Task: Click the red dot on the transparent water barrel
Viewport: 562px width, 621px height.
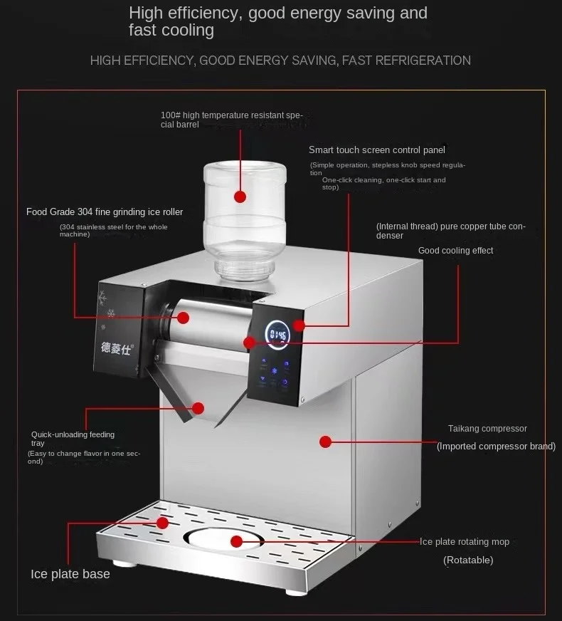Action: coord(240,197)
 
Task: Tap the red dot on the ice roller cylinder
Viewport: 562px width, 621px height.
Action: coord(184,318)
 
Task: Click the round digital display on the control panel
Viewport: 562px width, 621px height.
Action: coord(277,334)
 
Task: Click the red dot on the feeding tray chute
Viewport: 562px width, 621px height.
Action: coord(198,408)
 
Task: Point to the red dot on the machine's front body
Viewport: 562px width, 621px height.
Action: coord(326,442)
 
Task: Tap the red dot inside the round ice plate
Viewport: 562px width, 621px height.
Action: coord(237,541)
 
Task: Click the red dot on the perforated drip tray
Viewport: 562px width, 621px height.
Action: coord(163,523)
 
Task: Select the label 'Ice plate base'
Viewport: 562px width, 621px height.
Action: coord(70,574)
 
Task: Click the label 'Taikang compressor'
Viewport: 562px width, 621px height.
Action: coord(487,429)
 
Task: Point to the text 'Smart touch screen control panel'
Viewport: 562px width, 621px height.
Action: coord(377,150)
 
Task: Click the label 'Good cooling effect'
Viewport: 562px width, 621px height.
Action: coord(455,251)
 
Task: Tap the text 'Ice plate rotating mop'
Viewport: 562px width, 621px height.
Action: coord(465,542)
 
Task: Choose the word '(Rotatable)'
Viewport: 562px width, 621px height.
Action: coord(468,560)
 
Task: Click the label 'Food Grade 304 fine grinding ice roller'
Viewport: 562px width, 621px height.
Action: coord(105,212)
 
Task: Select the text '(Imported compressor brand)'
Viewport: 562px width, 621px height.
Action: coord(496,447)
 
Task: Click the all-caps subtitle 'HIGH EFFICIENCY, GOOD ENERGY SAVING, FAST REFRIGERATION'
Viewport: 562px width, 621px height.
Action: coord(280,61)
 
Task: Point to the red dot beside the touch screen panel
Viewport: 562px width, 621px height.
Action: coord(299,325)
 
